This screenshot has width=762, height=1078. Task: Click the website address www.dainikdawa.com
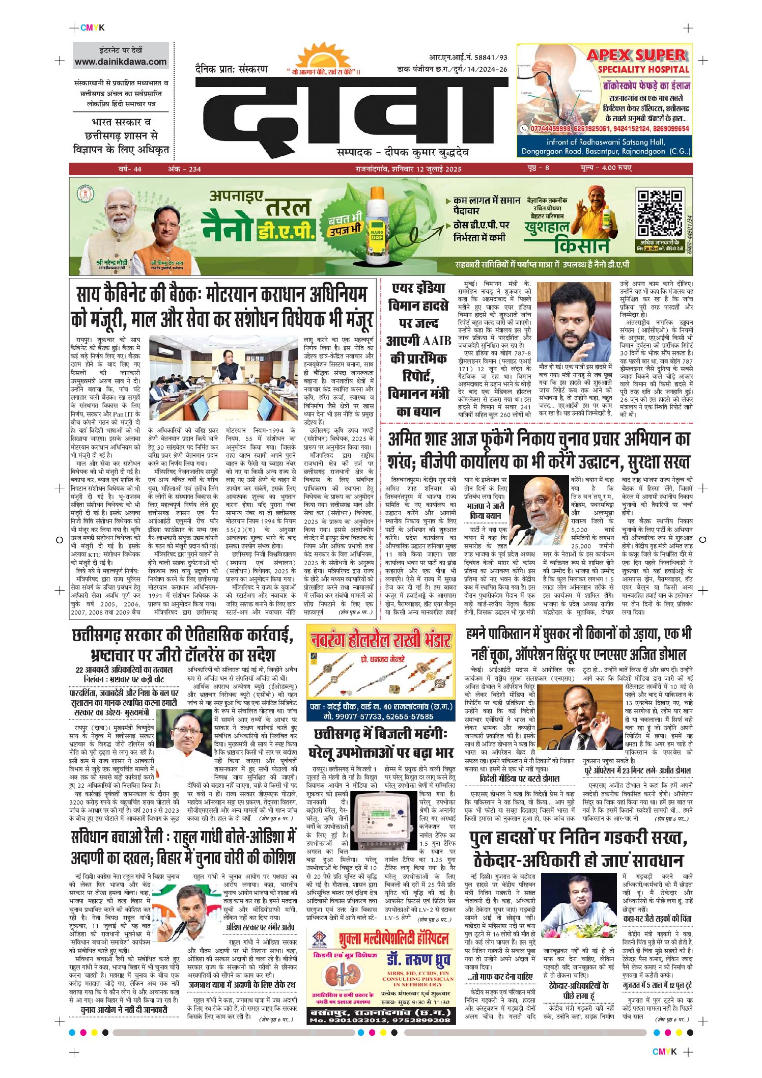tap(121, 62)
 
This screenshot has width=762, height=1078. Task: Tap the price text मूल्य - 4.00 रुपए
tap(606, 168)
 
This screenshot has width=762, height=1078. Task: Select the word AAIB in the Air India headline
tap(436, 340)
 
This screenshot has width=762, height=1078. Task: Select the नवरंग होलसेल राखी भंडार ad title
tap(381, 640)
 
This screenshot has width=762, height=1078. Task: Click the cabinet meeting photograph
tap(223, 378)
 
